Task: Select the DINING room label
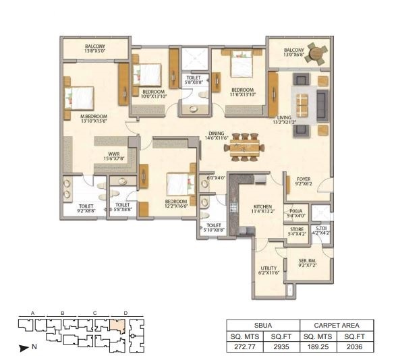pos(217,133)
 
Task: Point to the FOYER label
pos(302,179)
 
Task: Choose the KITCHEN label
pos(262,206)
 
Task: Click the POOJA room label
pos(296,211)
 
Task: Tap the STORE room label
pos(296,229)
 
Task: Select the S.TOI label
pos(321,229)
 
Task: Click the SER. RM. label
pos(308,261)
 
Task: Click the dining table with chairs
pos(244,147)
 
